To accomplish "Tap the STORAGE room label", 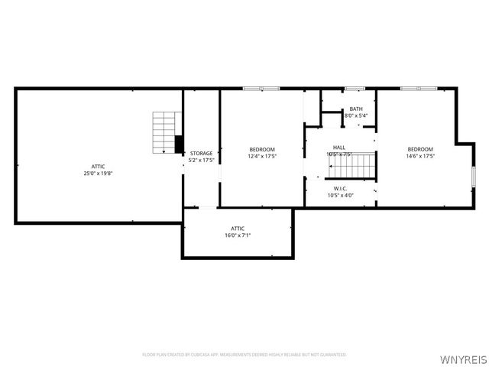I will coord(202,154).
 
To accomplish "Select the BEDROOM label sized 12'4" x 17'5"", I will coord(262,149).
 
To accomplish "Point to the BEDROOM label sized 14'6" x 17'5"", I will coord(420,149).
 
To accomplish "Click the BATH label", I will coord(356,109).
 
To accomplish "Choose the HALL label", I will coord(338,148).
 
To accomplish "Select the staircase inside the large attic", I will coord(164,132).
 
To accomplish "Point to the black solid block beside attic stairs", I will coord(180,144).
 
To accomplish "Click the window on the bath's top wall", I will coord(355,89).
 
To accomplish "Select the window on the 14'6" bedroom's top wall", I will coord(419,89).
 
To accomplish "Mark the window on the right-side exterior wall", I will coord(473,175).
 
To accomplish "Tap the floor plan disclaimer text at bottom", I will coord(244,355).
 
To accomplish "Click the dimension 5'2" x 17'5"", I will coord(202,161).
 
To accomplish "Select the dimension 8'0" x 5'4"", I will coord(356,116).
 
